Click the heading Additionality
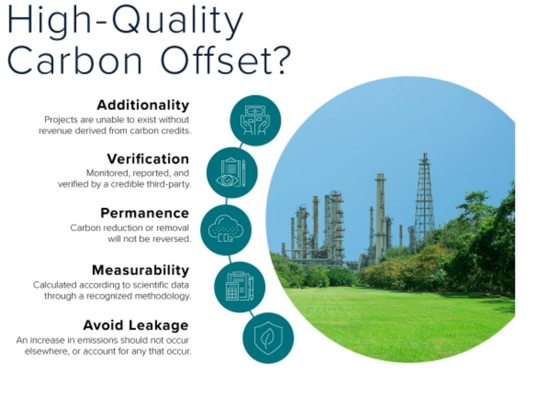click(143, 106)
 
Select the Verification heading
click(148, 159)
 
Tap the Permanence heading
click(145, 213)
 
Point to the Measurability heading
click(141, 270)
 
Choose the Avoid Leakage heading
click(136, 325)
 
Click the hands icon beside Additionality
click(255, 120)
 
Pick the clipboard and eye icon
click(232, 172)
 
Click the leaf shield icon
click(268, 338)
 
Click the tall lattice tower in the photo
click(425, 199)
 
